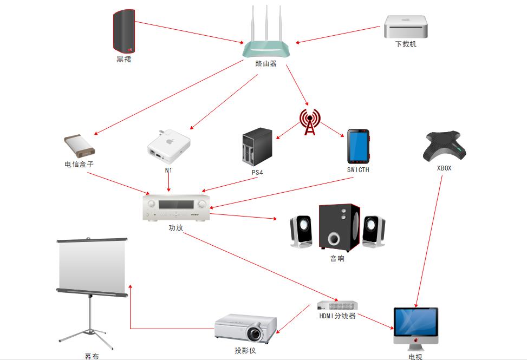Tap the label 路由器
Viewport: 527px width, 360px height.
266,63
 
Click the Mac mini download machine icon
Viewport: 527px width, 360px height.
406,26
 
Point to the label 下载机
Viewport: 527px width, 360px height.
406,44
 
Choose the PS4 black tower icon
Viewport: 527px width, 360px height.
256,146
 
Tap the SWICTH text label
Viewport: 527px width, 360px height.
358,169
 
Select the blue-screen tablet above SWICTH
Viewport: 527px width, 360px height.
358,146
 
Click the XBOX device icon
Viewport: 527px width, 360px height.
444,146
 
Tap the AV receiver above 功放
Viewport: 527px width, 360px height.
177,208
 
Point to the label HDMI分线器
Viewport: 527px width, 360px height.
337,316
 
